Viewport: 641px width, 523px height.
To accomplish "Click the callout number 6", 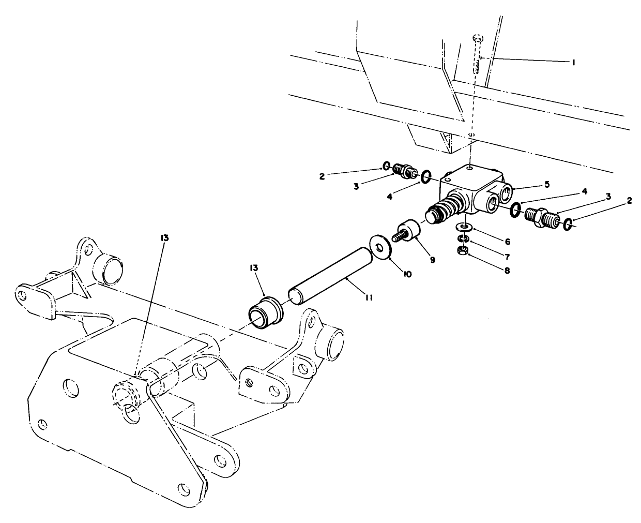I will [507, 241].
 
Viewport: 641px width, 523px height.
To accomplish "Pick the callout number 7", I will [507, 256].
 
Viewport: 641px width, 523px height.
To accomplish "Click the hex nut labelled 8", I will [464, 250].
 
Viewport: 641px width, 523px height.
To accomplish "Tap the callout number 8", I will [507, 270].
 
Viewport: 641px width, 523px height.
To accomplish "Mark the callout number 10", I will [407, 274].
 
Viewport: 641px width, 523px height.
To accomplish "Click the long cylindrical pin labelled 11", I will [331, 277].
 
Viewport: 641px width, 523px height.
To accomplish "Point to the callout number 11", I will [368, 297].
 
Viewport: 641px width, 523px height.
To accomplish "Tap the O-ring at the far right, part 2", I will [567, 224].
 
